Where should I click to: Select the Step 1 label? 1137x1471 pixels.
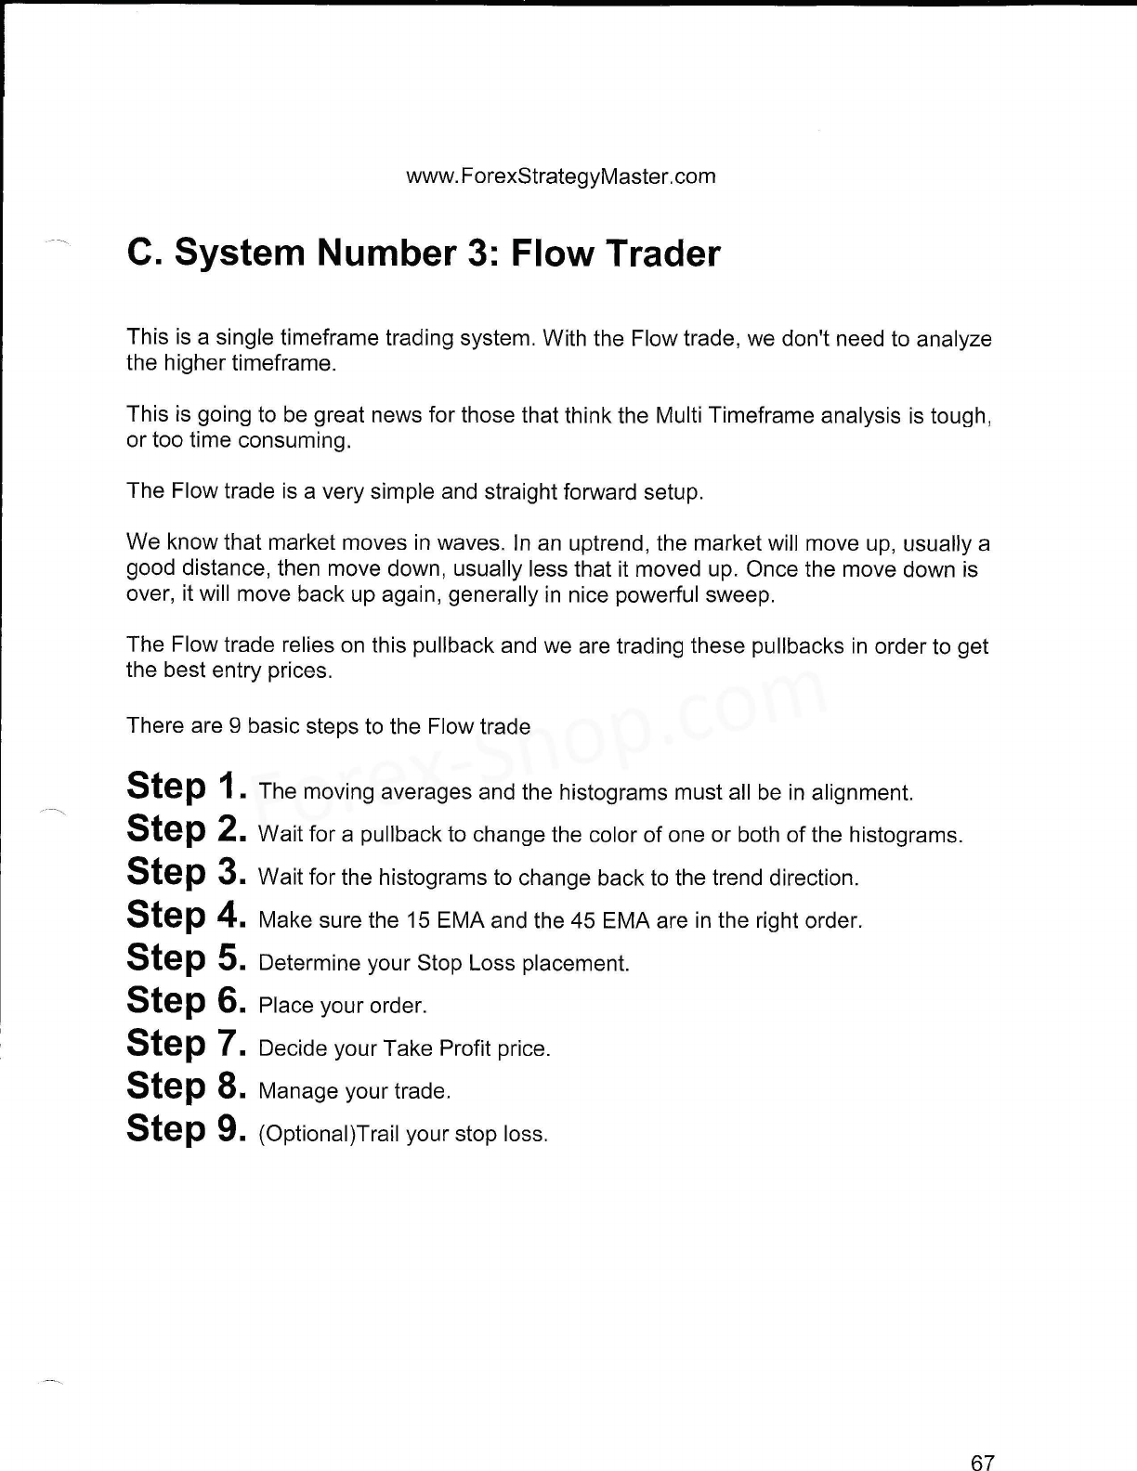click(x=186, y=788)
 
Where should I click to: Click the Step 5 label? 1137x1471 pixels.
click(x=186, y=958)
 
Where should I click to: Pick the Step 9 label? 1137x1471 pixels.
click(x=186, y=1129)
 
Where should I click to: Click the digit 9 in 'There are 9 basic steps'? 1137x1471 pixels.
click(x=234, y=726)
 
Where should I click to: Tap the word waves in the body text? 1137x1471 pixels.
click(x=469, y=542)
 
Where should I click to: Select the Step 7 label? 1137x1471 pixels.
click(x=186, y=1044)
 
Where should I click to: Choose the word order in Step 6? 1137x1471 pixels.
click(x=397, y=1006)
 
